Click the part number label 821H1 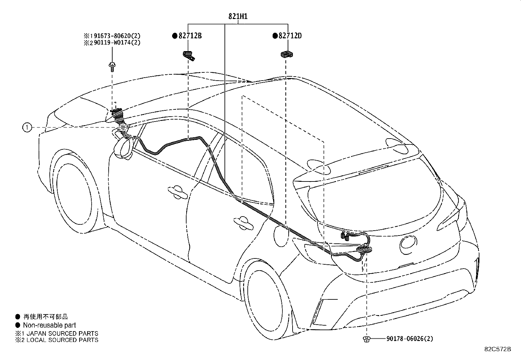(x=238, y=16)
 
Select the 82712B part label (x=190, y=36)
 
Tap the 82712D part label (x=290, y=36)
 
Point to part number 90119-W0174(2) (x=117, y=43)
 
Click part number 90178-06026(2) (x=410, y=339)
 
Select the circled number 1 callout (x=27, y=127)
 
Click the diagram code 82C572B (x=498, y=349)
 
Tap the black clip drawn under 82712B (x=189, y=56)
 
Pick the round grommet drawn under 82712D (x=287, y=54)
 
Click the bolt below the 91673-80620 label (x=112, y=66)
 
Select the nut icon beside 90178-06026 (x=367, y=339)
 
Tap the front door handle (x=177, y=192)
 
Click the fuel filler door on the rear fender (x=281, y=236)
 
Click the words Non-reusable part (x=49, y=325)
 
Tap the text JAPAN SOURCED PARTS (x=62, y=333)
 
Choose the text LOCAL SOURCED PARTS (x=62, y=340)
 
